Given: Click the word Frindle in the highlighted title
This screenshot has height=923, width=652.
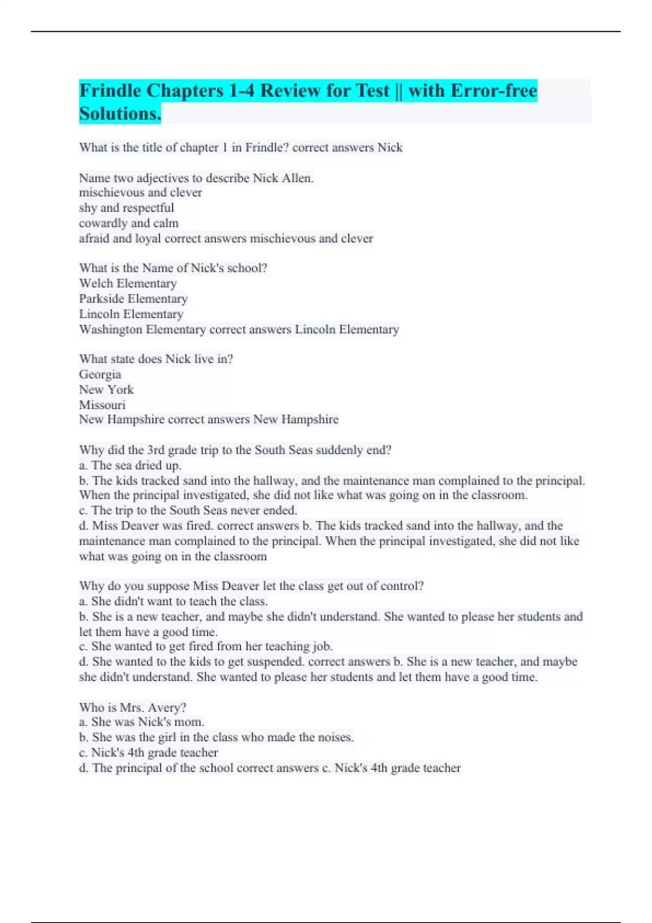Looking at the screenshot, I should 111,91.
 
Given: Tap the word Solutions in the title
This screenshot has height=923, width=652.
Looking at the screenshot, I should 120,114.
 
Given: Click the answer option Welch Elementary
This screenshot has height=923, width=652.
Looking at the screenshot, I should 128,283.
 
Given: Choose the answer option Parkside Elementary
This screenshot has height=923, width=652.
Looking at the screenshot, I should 133,299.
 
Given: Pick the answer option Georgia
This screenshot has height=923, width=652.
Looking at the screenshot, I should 100,374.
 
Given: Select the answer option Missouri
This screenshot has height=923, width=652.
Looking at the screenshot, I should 102,404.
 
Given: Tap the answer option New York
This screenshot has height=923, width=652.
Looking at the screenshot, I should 106,389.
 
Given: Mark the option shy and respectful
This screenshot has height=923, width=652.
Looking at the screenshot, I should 127,208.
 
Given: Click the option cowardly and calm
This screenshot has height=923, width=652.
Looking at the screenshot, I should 129,223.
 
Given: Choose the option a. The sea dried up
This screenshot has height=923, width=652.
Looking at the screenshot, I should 130,465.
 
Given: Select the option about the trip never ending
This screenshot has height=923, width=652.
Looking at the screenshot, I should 188,510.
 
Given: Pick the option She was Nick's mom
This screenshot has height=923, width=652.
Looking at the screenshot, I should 142,722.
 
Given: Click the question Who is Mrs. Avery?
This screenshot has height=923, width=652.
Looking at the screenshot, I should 133,707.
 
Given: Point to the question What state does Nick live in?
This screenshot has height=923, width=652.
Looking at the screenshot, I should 156,359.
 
